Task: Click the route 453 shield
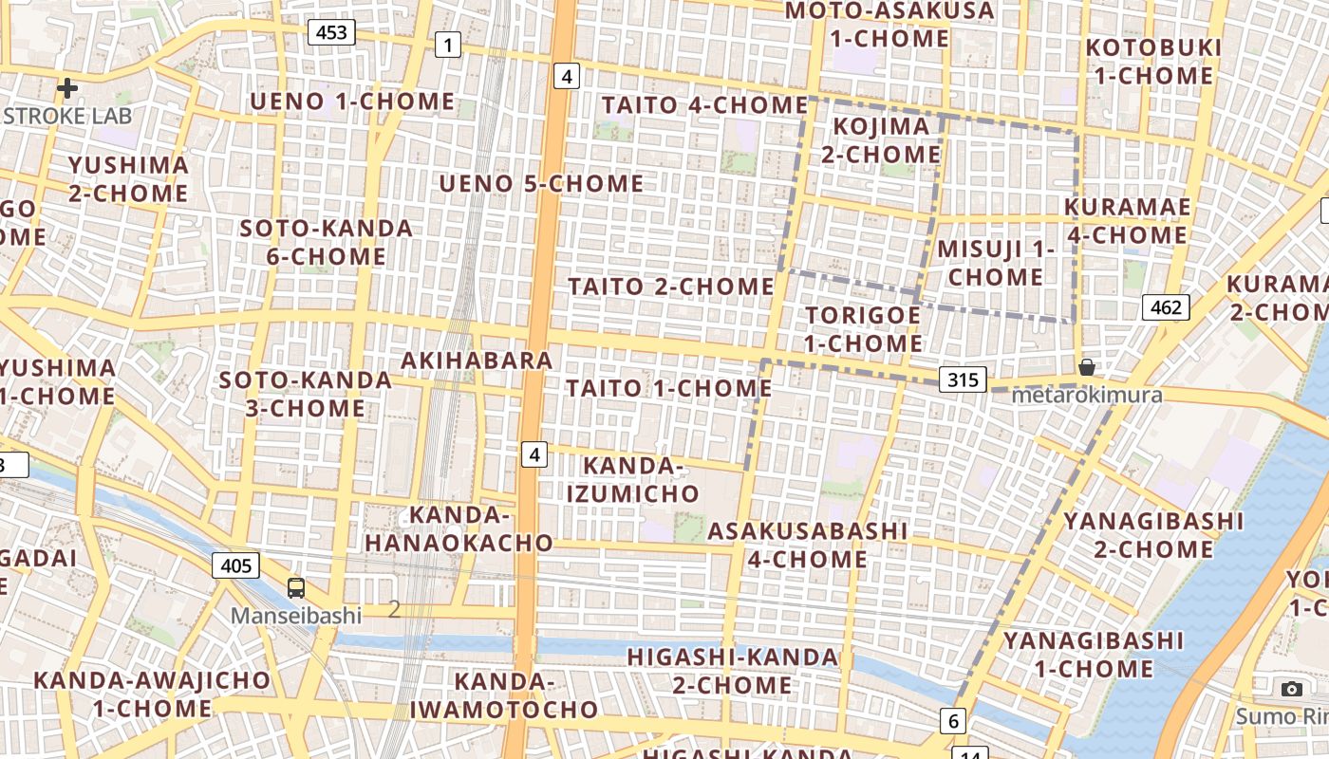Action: [x=331, y=33]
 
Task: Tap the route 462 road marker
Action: [x=1165, y=306]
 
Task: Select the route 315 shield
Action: [x=963, y=379]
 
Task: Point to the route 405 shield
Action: [x=234, y=566]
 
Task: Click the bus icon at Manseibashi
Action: [x=296, y=587]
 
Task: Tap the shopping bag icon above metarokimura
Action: [x=1087, y=367]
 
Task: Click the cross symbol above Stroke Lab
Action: [x=67, y=89]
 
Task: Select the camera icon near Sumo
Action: [x=1291, y=689]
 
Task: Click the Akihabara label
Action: [x=477, y=361]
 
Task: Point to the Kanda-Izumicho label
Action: [x=633, y=480]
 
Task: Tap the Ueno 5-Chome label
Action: [x=541, y=183]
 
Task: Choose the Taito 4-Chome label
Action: [x=704, y=104]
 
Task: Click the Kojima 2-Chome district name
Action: [x=881, y=140]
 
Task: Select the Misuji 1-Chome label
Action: [x=996, y=263]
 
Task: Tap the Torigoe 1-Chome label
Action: [x=863, y=328]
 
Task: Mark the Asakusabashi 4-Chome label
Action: [x=808, y=545]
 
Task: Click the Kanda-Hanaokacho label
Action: [x=459, y=529]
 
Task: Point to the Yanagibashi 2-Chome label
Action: [x=1153, y=535]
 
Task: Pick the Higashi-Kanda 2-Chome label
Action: [x=733, y=671]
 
